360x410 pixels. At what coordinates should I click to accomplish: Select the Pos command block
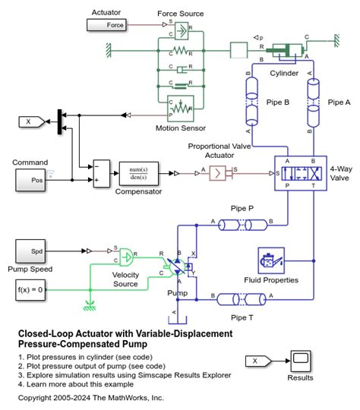[x=36, y=180]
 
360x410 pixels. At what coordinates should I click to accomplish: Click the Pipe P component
[x=242, y=223]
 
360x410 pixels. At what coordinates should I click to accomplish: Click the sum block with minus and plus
[x=101, y=173]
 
